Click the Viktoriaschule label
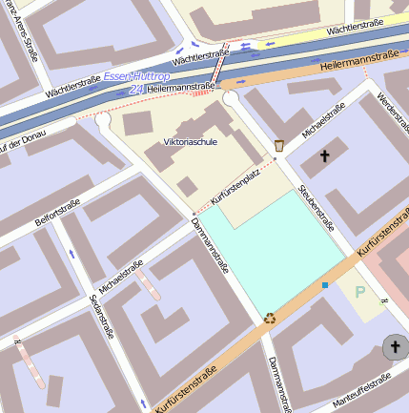click(191, 141)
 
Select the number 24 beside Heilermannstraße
click(136, 89)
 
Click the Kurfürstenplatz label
click(235, 190)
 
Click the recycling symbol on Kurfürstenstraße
click(270, 318)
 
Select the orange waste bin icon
click(279, 145)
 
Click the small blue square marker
click(325, 284)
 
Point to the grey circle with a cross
click(394, 347)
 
